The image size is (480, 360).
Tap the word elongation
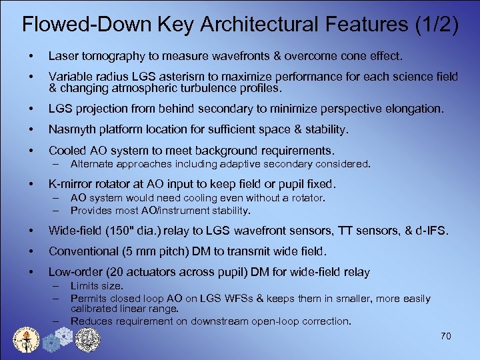[x=412, y=109]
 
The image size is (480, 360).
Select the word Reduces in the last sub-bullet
[x=92, y=321]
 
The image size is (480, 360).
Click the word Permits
[x=89, y=299]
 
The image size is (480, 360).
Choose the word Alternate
[x=93, y=163]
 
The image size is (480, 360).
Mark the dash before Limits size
[x=56, y=286]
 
